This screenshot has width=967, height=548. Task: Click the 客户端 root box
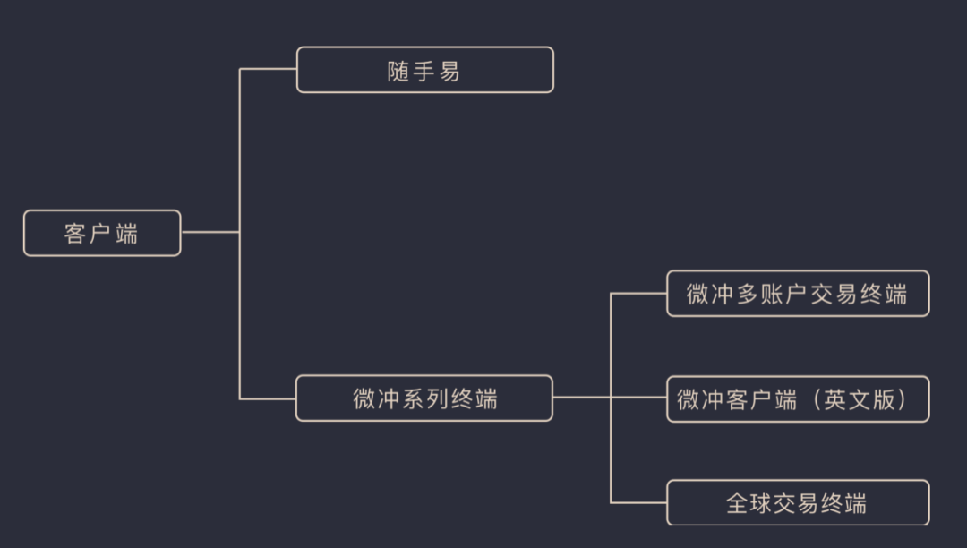pyautogui.click(x=102, y=233)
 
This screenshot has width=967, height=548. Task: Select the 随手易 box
pyautogui.click(x=424, y=70)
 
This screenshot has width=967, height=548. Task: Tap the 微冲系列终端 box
pyautogui.click(x=424, y=398)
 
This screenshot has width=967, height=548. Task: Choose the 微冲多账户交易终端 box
pyautogui.click(x=798, y=294)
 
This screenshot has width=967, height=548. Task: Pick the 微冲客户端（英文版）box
pyautogui.click(x=798, y=399)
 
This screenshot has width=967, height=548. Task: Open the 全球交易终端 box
pyautogui.click(x=798, y=502)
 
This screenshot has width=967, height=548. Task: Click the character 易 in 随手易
pyautogui.click(x=449, y=72)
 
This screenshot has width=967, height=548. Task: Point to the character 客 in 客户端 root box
pyautogui.click(x=75, y=234)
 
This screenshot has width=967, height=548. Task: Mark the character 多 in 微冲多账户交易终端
pyautogui.click(x=748, y=295)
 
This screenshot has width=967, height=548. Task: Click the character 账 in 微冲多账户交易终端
pyautogui.click(x=772, y=295)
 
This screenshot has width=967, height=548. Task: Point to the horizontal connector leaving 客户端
pyautogui.click(x=210, y=232)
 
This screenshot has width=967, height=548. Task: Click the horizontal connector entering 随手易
pyautogui.click(x=269, y=69)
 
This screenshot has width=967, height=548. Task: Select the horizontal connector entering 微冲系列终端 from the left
pyautogui.click(x=269, y=398)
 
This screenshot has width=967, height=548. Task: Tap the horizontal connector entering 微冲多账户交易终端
pyautogui.click(x=638, y=293)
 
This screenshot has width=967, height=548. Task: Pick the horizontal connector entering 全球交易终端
pyautogui.click(x=638, y=502)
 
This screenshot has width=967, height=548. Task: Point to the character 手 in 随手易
pyautogui.click(x=424, y=72)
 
